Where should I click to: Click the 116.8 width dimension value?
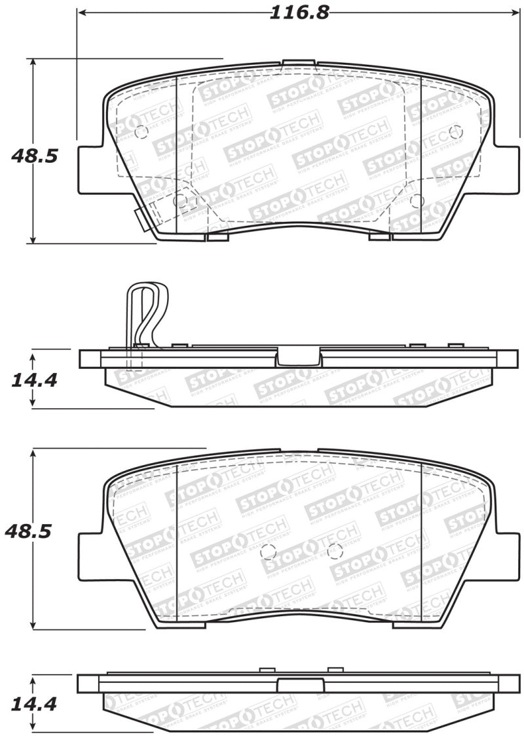point(299,12)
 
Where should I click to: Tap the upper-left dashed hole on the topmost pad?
point(141,132)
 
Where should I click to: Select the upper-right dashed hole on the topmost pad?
point(456,132)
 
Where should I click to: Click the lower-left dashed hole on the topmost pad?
point(180,201)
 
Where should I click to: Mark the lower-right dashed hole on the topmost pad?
point(417,201)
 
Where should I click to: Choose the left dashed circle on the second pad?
point(267,552)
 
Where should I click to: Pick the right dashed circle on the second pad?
point(335,552)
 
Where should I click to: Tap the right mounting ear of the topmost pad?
point(505,169)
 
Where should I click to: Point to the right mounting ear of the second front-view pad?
point(505,556)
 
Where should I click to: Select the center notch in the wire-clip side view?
point(299,357)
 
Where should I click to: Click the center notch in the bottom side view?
point(299,684)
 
